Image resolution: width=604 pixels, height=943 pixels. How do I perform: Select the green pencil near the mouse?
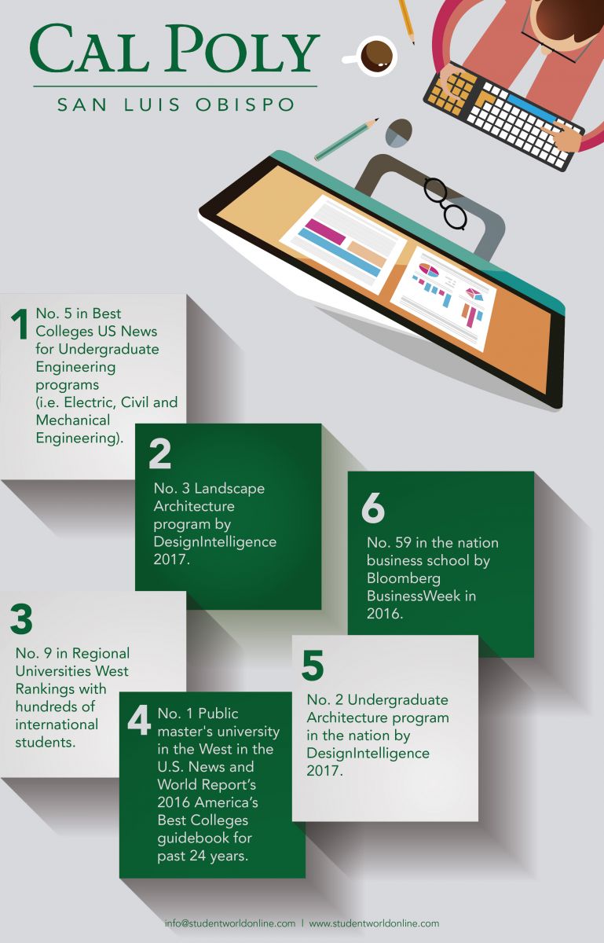[x=346, y=139]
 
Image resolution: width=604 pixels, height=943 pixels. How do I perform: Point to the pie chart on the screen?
[x=429, y=272]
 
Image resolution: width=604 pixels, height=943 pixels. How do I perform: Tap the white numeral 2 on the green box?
[x=159, y=454]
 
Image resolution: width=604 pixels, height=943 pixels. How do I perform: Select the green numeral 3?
[x=21, y=619]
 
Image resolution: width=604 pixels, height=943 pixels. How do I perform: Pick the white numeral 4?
[x=139, y=720]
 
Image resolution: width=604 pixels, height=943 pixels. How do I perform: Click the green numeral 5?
[x=313, y=666]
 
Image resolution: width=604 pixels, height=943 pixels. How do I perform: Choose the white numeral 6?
[x=373, y=508]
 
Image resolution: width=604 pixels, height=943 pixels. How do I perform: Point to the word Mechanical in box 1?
[x=73, y=420]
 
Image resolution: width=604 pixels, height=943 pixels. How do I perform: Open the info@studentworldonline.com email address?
[x=229, y=923]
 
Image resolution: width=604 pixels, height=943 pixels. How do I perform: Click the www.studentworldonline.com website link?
[x=374, y=923]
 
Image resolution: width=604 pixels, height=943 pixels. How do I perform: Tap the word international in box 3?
[x=57, y=724]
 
